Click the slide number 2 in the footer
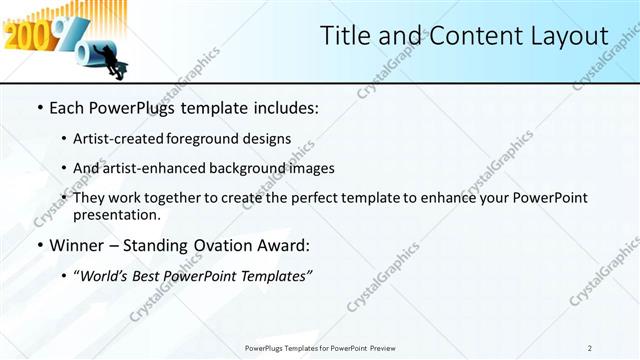click(590, 348)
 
